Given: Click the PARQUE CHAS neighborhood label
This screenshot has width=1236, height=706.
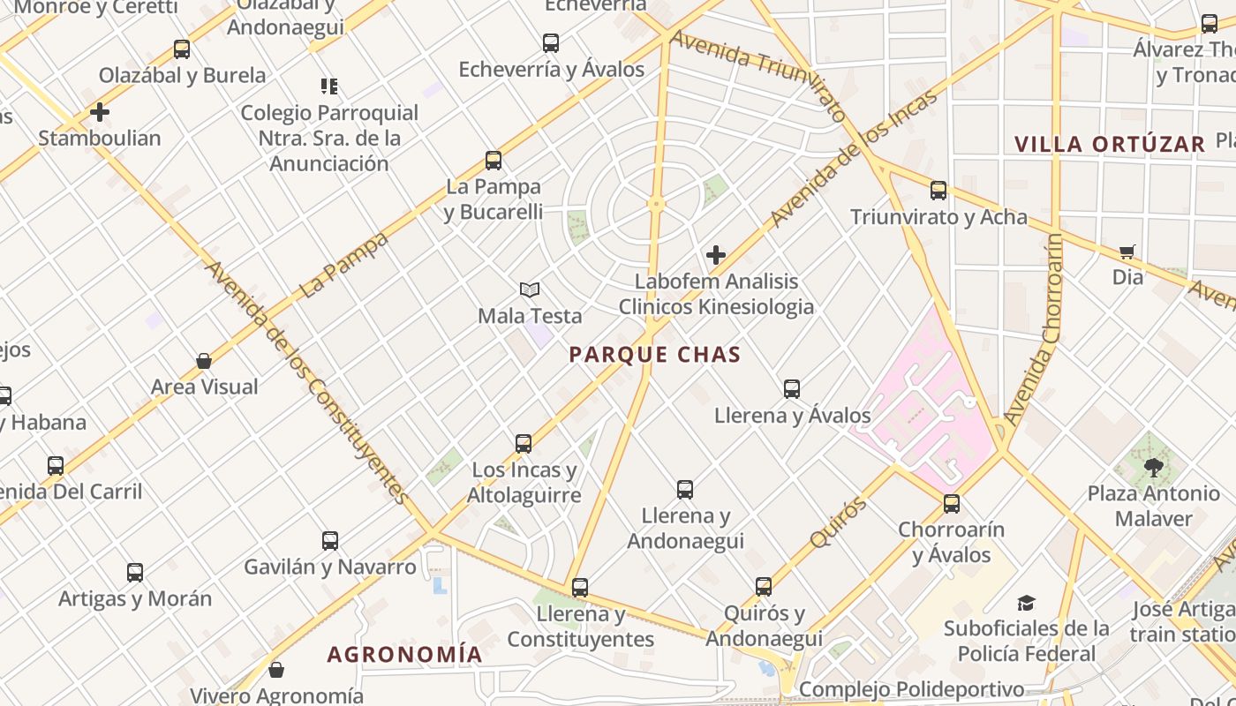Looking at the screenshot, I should [x=654, y=355].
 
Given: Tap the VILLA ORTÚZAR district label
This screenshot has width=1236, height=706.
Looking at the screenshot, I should [x=1109, y=145].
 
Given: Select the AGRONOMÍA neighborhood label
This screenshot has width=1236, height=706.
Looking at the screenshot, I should [x=404, y=655].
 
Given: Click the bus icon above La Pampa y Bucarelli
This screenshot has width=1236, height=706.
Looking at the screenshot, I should [x=494, y=161].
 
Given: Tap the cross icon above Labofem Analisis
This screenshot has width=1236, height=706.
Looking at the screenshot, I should [x=716, y=256].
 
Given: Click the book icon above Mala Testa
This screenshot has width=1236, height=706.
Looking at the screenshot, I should [x=529, y=289].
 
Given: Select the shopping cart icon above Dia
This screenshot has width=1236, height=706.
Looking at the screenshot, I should [x=1127, y=252].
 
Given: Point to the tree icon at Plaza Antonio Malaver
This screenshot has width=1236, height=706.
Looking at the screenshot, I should [x=1153, y=468].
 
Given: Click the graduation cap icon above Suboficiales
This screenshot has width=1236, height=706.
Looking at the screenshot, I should [x=1026, y=603].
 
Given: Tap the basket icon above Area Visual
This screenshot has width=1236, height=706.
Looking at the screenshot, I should [x=204, y=361].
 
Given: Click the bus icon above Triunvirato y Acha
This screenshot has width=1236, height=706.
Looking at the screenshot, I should [x=938, y=190].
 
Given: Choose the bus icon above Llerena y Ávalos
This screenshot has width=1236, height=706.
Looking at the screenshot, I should [x=792, y=388].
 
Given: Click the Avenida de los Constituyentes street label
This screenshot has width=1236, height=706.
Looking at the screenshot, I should [x=307, y=382].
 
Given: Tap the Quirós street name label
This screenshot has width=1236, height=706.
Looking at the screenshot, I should [x=836, y=522].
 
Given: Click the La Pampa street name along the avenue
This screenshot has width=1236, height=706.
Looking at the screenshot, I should [x=344, y=265].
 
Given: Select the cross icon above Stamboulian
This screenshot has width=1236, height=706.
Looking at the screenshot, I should [x=100, y=112].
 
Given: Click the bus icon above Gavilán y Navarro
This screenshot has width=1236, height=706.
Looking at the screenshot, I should [x=330, y=540].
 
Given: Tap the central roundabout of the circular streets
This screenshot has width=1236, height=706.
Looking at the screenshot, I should [x=655, y=204].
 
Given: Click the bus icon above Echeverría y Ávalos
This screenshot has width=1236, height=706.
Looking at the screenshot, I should [x=551, y=42].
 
